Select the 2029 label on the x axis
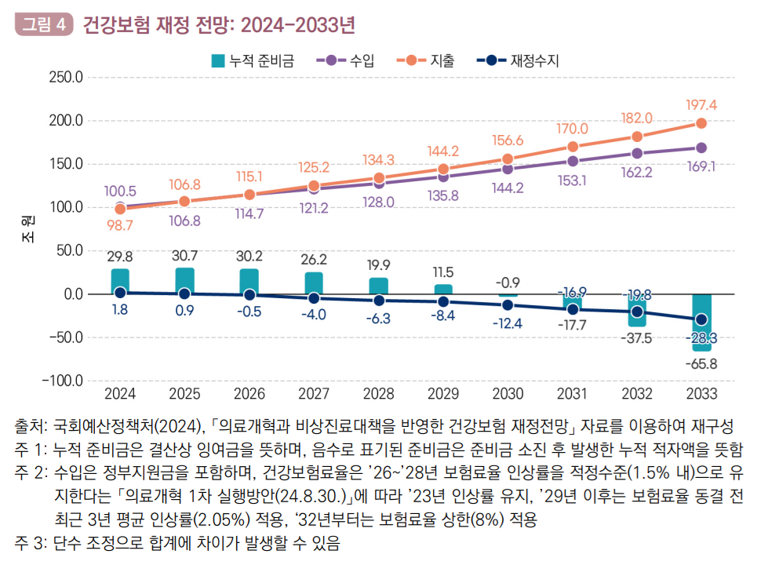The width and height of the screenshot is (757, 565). tap(443, 392)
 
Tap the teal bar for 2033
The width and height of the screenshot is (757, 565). tap(701, 322)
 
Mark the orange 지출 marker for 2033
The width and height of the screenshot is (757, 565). tap(701, 123)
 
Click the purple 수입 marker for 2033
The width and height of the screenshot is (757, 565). tap(701, 148)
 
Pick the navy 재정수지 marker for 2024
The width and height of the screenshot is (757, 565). tap(120, 292)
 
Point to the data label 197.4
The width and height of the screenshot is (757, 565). tap(702, 105)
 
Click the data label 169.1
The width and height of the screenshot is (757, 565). tap(702, 166)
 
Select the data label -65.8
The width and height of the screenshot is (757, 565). tap(701, 363)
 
